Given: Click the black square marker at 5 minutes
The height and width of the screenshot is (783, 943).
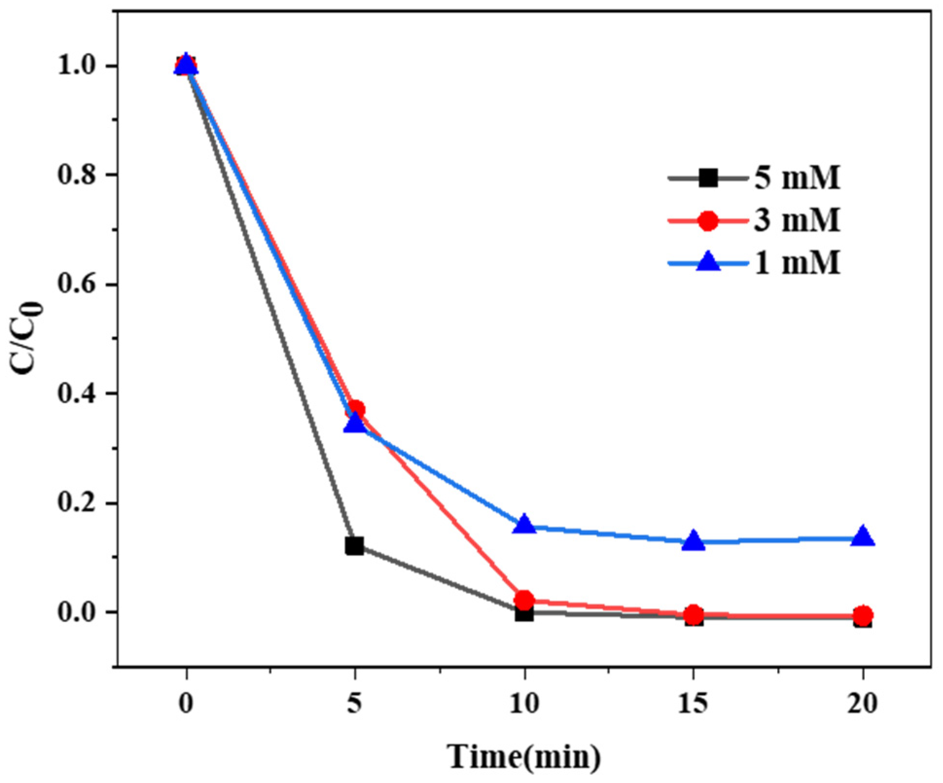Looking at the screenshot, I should [x=354, y=546].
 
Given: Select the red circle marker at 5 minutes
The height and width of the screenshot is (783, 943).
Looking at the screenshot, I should [x=355, y=409].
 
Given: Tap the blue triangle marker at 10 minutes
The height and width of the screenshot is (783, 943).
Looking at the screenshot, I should [x=524, y=525].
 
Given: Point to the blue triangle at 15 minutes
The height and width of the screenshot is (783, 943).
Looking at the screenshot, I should [x=694, y=541].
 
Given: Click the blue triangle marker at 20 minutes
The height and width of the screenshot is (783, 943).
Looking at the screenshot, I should [x=863, y=537].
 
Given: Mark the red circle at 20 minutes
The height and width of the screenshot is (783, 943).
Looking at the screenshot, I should [x=863, y=615].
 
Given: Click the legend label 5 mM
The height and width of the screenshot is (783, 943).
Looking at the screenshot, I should [x=797, y=178].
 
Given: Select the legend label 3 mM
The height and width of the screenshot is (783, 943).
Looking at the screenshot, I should [x=797, y=221].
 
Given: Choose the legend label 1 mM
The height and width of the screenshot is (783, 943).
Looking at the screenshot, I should [x=797, y=263].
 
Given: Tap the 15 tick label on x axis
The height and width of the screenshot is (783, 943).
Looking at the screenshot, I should [x=693, y=703].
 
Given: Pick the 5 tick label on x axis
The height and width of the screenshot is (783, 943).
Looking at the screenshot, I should [x=355, y=703].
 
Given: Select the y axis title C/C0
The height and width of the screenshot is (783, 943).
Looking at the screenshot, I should [x=28, y=339].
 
